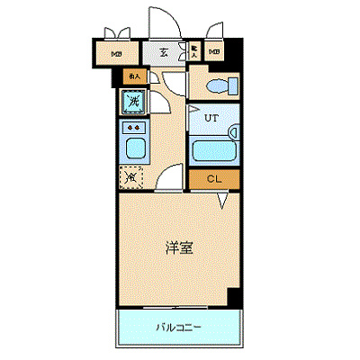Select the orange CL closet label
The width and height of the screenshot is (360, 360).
[214, 179]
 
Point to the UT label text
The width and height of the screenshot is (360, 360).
[211, 118]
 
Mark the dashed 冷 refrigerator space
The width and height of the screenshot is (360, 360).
[131, 177]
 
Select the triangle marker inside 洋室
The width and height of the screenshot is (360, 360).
[221, 205]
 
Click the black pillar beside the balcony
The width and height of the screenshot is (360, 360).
[235, 298]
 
